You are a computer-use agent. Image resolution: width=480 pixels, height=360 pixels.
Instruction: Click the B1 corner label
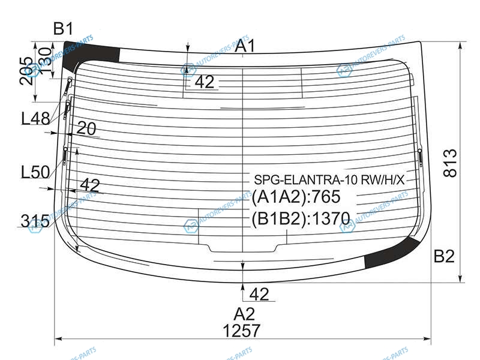pyautogui.click(x=64, y=28)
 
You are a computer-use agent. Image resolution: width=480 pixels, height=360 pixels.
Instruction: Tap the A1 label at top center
pyautogui.click(x=245, y=46)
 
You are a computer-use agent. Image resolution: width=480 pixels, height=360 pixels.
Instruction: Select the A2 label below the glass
pyautogui.click(x=244, y=314)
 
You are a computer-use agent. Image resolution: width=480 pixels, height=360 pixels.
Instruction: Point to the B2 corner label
pyautogui.click(x=444, y=256)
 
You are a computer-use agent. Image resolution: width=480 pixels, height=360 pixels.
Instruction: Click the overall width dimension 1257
pyautogui.click(x=242, y=331)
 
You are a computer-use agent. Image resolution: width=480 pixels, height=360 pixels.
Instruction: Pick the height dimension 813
pyautogui.click(x=450, y=163)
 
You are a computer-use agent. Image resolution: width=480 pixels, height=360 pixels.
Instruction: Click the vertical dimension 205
pyautogui.click(x=26, y=71)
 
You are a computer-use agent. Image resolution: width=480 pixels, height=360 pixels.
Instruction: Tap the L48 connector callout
pyautogui.click(x=35, y=118)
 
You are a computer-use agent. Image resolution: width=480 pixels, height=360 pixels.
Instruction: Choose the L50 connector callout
pyautogui.click(x=35, y=172)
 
